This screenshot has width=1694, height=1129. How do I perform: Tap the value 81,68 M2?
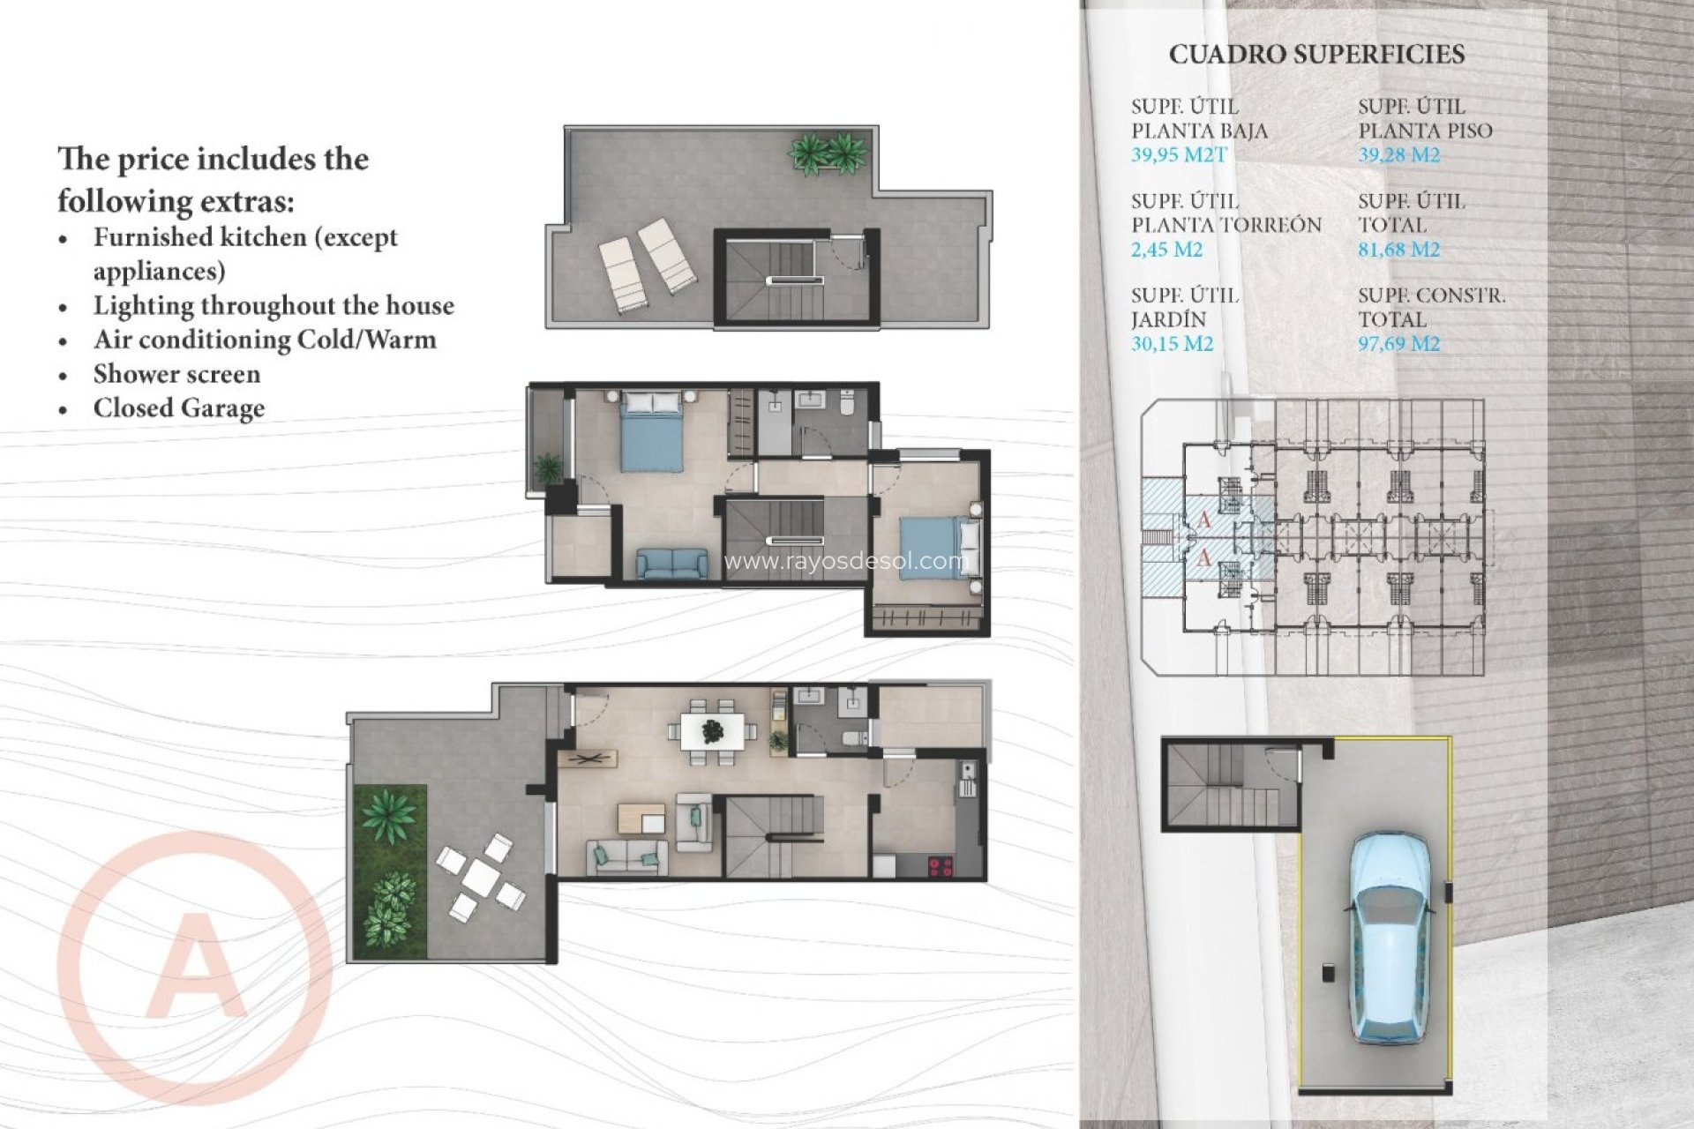pos(1398,250)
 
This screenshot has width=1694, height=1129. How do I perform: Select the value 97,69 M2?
pos(1398,344)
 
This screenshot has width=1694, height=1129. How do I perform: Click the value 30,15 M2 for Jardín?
pos(1172,344)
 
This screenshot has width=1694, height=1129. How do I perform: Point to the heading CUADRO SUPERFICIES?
pos(1316,55)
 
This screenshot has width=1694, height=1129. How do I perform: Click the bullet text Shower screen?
pos(176,374)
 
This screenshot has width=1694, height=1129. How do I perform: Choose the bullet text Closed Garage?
pos(179,408)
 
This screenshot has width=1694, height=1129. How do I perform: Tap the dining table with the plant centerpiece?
pos(712,731)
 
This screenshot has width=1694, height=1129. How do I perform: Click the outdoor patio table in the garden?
pos(481,877)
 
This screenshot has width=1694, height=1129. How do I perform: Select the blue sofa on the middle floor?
pos(671,564)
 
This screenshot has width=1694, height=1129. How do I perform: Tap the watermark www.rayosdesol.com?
pos(845,561)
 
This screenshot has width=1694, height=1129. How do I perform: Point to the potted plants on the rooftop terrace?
pos(827,153)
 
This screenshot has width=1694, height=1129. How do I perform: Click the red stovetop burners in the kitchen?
pos(941,866)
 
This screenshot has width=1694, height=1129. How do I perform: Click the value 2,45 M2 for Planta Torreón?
pos(1166,250)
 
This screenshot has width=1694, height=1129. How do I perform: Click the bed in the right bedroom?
pos(938,548)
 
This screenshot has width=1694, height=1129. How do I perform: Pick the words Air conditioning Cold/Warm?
pos(265,340)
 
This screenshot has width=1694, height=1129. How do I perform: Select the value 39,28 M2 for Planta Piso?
pos(1398,155)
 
